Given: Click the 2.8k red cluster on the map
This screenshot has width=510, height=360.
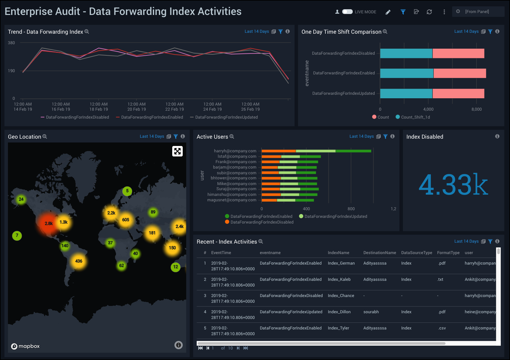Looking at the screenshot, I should [48, 223].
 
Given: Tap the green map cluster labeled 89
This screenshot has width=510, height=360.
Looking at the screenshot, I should [153, 212].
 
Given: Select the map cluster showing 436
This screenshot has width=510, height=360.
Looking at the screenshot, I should [78, 261].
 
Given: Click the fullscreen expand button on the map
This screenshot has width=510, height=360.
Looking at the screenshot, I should [177, 151].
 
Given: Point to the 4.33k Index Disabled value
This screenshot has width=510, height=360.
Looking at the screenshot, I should [453, 184].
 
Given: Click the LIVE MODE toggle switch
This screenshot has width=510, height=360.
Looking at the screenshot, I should [347, 12].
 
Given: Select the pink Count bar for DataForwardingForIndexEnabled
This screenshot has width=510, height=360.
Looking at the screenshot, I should [459, 73].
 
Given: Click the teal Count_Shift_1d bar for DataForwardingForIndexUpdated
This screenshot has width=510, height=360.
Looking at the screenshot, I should [406, 93].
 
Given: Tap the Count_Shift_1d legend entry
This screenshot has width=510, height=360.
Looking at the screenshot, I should [413, 117].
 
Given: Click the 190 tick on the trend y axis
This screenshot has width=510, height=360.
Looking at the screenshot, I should [11, 71].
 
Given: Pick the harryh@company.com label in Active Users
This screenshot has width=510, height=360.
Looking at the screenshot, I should [235, 151].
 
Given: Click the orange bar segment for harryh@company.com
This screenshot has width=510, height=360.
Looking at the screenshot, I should [278, 151].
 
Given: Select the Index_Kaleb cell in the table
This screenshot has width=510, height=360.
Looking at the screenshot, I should [339, 280].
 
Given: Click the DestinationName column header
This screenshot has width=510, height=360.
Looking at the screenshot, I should [379, 253].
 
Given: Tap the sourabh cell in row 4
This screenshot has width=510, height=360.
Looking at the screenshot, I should [371, 312].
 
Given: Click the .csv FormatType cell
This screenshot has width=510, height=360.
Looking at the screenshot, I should [442, 328].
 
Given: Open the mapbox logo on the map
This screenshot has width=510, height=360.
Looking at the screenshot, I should [25, 346].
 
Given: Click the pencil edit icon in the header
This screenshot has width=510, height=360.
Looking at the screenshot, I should [388, 12].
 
